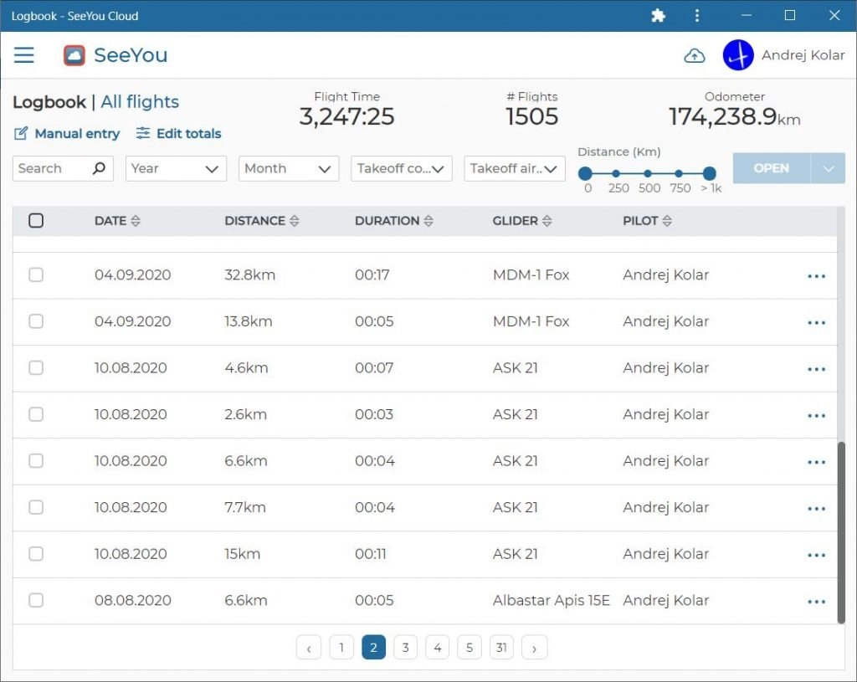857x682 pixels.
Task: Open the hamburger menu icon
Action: coord(24,54)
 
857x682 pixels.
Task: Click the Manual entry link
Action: coord(67,133)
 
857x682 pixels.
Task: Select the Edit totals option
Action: coord(179,133)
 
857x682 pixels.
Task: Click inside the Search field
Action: coord(54,168)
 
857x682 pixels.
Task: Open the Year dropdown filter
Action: coord(176,168)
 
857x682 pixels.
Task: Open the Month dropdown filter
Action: coord(289,168)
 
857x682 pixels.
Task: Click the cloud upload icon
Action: coord(695,55)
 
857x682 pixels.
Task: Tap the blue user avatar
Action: coord(738,55)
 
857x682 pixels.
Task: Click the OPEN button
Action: coord(771,168)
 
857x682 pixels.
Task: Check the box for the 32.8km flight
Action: coord(36,274)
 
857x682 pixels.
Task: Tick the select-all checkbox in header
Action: coord(36,220)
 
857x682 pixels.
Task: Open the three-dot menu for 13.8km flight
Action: coord(817,322)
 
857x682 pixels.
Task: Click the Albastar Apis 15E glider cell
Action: coord(551,600)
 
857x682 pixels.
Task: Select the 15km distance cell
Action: coord(242,554)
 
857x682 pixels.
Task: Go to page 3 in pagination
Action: coord(406,648)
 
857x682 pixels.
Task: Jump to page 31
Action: coord(501,648)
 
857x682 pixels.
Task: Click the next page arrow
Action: coord(534,648)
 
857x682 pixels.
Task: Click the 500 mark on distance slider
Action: coord(648,174)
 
